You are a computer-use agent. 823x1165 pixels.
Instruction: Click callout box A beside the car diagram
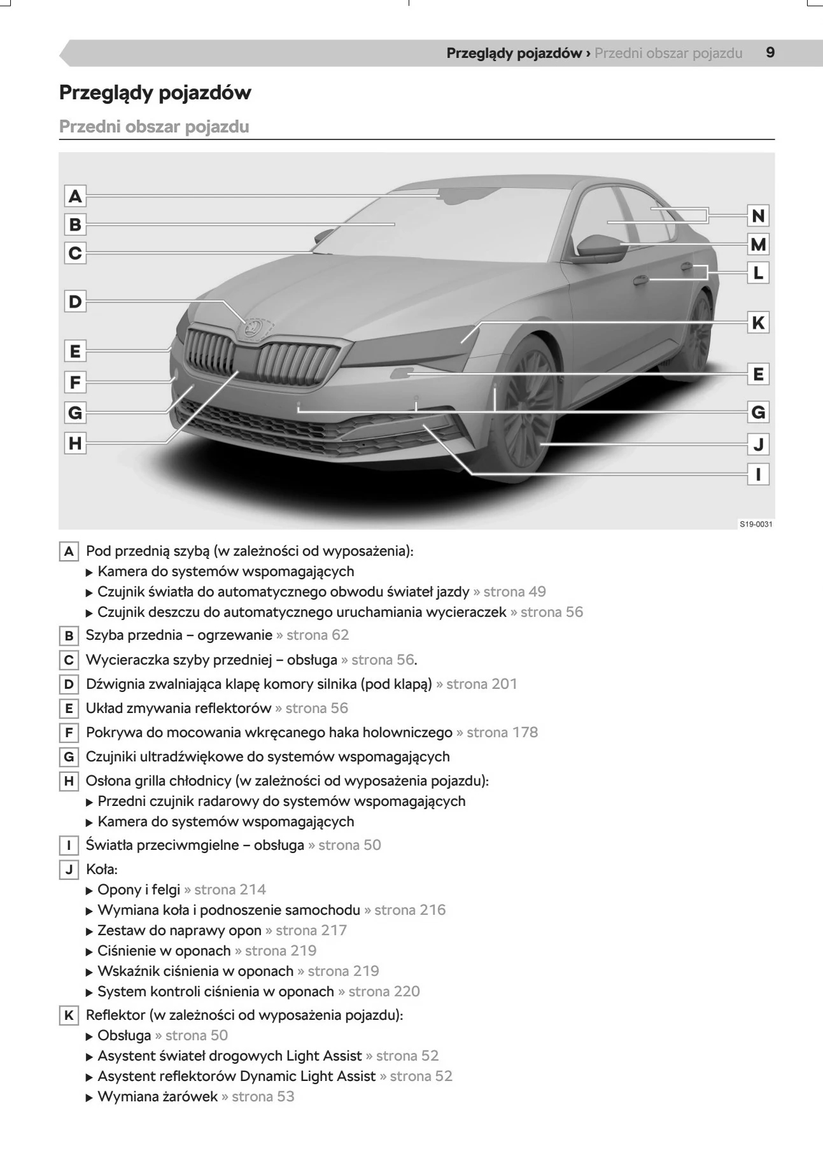[75, 196]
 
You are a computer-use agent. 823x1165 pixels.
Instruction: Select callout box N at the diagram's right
[758, 216]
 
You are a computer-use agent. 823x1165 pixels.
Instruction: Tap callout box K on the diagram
[758, 323]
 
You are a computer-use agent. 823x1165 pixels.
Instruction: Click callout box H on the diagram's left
[75, 443]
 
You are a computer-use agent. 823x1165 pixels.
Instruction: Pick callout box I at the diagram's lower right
[758, 474]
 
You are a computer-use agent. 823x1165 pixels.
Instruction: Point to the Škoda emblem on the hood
[253, 328]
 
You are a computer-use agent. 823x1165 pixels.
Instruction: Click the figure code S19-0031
[756, 524]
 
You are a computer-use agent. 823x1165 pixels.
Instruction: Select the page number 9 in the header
[770, 53]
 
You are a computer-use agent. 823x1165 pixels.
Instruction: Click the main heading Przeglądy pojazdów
[155, 93]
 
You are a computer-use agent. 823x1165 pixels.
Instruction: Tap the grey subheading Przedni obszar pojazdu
[154, 127]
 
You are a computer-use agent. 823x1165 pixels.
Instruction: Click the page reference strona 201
[482, 684]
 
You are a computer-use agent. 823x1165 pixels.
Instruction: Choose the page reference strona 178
[502, 733]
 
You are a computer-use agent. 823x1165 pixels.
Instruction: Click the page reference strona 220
[384, 992]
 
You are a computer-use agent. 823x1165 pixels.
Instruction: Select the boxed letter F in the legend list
[69, 733]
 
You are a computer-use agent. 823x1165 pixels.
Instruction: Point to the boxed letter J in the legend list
[69, 870]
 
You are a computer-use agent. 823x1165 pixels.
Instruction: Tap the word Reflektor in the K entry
[111, 1015]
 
